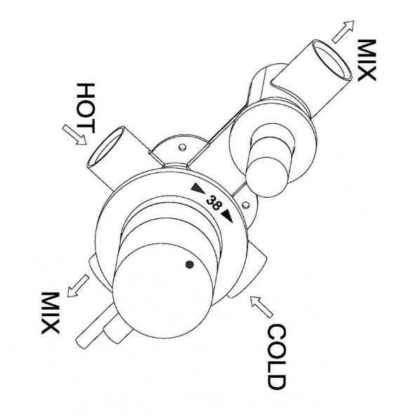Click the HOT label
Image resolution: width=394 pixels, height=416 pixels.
coord(85,108)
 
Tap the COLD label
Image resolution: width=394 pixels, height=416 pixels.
coord(277,356)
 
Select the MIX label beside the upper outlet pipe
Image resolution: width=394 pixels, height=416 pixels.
coord(367,60)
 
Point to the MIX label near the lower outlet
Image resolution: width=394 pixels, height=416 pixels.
coord(51,313)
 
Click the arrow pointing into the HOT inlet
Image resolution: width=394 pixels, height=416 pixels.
coord(74,134)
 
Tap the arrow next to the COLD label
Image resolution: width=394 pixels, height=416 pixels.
coord(261,306)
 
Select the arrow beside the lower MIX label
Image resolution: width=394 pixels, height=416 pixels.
coord(78,286)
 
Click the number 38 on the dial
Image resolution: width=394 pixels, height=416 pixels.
coord(213,203)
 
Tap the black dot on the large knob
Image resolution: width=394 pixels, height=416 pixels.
coord(190,265)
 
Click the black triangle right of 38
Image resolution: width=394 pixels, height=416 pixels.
coord(227,215)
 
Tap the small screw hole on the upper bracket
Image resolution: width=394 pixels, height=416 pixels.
coord(182,147)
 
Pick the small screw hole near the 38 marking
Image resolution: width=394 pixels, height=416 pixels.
coord(245,204)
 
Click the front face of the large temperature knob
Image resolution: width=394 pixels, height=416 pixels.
coord(163,291)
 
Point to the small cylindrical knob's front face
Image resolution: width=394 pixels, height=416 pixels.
coord(266,177)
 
